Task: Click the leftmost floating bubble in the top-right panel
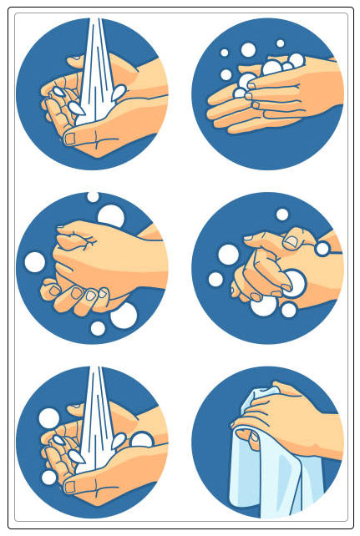click(x=226, y=74)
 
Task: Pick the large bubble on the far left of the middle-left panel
click(x=34, y=261)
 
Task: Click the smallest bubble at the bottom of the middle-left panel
click(x=98, y=328)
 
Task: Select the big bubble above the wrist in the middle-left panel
click(x=110, y=216)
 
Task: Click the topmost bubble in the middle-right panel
click(x=282, y=215)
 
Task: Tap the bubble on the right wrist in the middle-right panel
click(x=322, y=248)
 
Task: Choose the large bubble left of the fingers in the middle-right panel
click(x=229, y=254)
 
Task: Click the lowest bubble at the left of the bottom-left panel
click(x=49, y=477)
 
